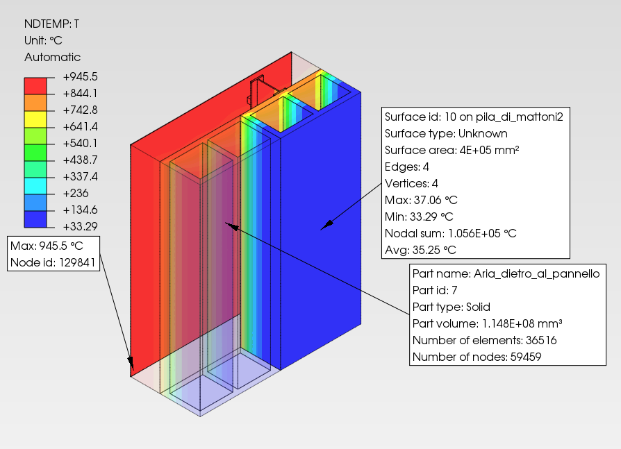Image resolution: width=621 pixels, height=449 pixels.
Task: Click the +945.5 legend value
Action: click(80, 76)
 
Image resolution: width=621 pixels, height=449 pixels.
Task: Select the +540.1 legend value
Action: click(80, 143)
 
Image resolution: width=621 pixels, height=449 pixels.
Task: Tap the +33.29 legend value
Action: click(80, 226)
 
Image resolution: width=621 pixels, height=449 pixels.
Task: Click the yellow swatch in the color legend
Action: click(35, 119)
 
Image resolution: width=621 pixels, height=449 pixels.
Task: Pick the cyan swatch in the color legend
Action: click(35, 185)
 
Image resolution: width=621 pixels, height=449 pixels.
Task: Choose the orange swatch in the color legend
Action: click(35, 103)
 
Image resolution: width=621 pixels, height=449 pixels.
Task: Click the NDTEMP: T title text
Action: click(51, 24)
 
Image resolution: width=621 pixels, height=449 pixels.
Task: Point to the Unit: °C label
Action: click(43, 40)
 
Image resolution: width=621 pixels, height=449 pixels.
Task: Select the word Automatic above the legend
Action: click(52, 57)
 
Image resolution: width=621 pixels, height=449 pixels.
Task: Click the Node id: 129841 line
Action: click(53, 262)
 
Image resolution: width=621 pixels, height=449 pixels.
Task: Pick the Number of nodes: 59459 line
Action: click(477, 357)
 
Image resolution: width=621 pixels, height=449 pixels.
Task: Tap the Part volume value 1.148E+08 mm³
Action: click(522, 323)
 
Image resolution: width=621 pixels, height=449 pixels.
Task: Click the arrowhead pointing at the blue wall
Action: click(326, 226)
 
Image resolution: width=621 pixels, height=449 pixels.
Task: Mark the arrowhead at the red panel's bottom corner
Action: click(131, 364)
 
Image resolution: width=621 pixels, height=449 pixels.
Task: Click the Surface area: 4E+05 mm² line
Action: click(452, 151)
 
